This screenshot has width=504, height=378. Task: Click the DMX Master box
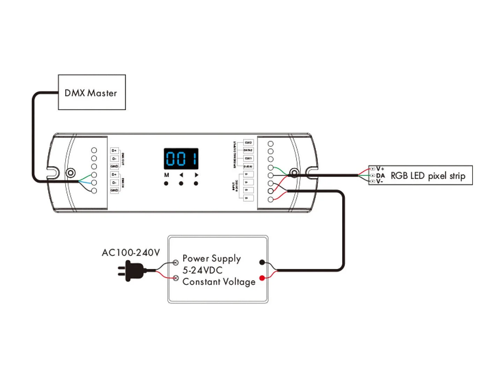coord(91,92)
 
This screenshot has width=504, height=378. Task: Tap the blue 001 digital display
coord(181,158)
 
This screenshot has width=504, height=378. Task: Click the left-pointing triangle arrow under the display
coord(181,175)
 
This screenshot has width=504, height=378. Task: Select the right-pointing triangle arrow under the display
coord(196,175)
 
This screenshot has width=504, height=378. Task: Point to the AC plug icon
coord(133,271)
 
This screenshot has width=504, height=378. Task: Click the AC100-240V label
coord(131,252)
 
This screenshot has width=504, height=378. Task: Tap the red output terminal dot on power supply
coord(262,278)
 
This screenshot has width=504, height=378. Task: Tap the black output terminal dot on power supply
coord(262,262)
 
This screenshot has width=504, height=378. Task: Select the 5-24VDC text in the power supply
coord(202,270)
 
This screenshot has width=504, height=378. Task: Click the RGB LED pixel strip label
coord(428,176)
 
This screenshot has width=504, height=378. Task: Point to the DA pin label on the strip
coord(380,176)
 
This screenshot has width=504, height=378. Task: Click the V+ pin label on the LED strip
coord(380,169)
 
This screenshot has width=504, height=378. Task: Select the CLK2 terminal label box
coord(248,142)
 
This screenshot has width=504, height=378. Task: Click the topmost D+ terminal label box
coord(114,150)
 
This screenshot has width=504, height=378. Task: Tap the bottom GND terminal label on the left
coord(114,190)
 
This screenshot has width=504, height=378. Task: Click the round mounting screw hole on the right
coord(295,173)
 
